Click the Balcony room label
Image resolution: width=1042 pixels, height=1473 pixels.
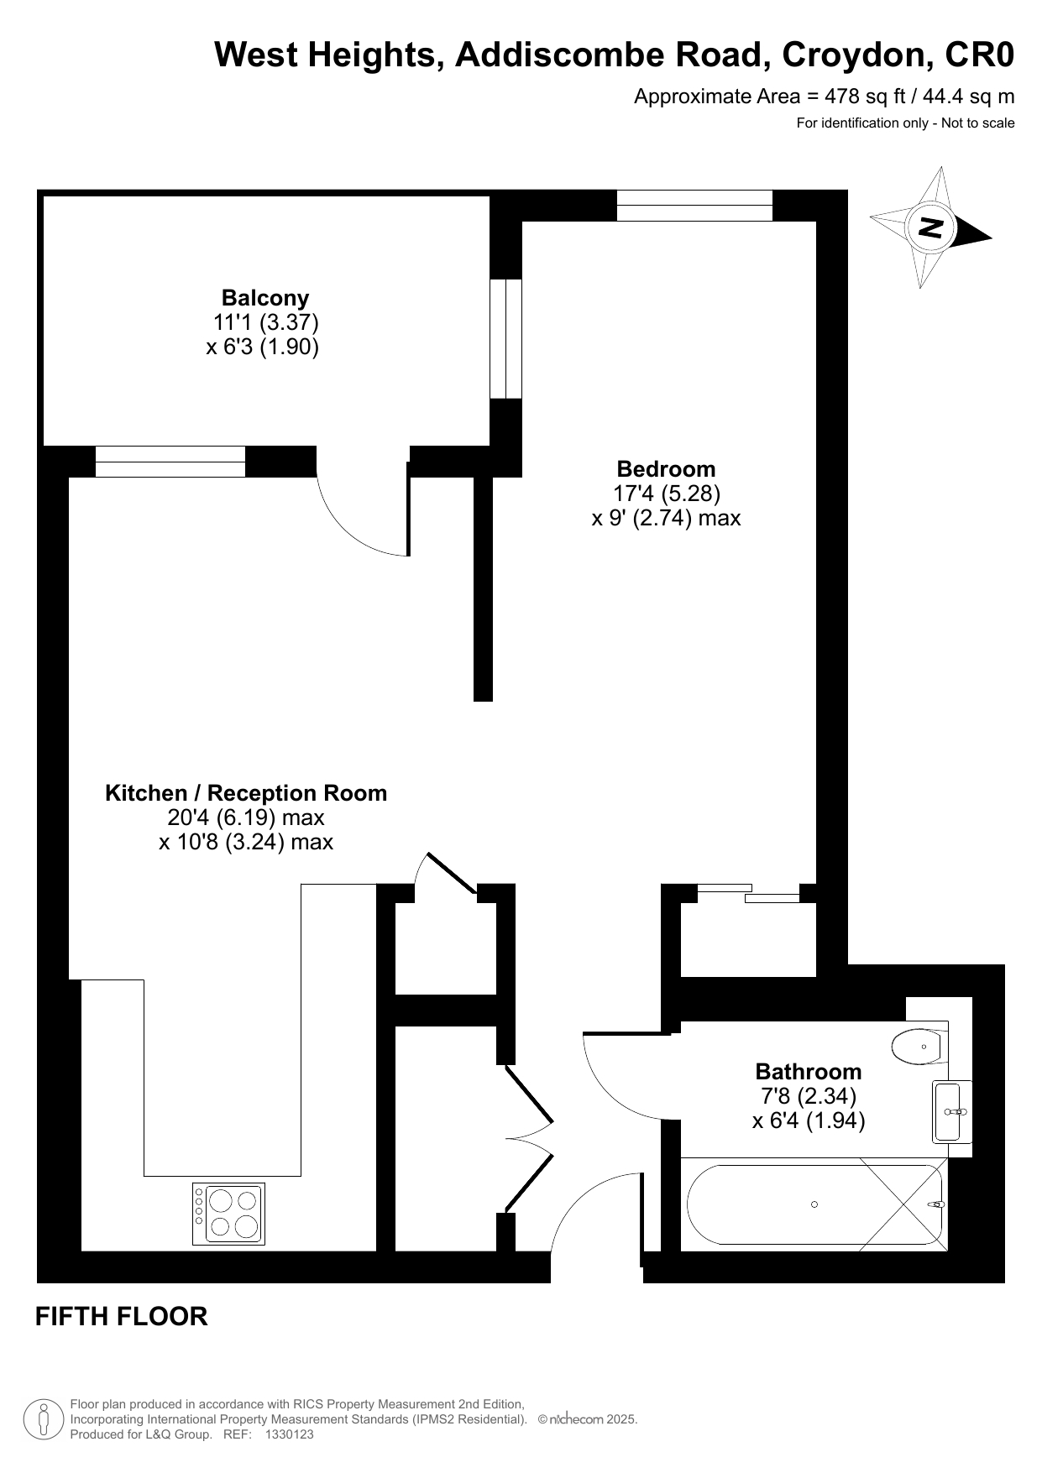tap(265, 298)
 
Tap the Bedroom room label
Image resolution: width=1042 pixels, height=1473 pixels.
tap(666, 469)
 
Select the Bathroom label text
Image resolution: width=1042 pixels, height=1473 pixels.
tap(809, 1072)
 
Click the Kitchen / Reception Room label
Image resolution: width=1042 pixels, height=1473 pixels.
tap(246, 793)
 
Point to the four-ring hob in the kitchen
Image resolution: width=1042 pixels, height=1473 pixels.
tap(228, 1214)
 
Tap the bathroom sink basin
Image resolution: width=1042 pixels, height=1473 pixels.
tap(952, 1111)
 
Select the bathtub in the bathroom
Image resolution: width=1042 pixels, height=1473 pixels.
tap(814, 1204)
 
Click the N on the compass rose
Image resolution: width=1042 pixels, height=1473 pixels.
tap(930, 227)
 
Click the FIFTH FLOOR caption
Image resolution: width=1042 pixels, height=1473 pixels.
tap(122, 1316)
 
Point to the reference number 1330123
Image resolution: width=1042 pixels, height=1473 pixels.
tap(289, 1435)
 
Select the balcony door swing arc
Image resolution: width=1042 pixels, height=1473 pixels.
tap(348, 530)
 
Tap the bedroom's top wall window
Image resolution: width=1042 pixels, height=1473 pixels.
tap(694, 206)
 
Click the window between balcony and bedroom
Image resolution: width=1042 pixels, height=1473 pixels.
tap(505, 339)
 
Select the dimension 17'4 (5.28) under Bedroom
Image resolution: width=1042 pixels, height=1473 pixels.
tap(667, 493)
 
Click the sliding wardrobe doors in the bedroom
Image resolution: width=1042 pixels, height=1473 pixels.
tap(748, 893)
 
